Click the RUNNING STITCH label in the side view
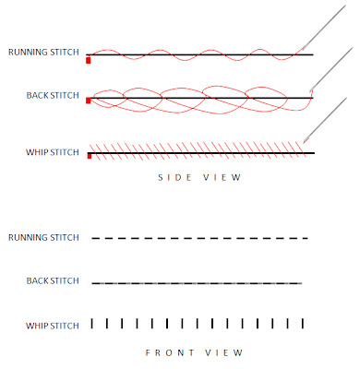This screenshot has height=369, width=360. coord(42,54)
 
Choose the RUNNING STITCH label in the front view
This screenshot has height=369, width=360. coord(42,238)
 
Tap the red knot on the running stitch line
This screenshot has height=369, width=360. coord(88,59)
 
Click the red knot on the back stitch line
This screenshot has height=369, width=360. coord(88,101)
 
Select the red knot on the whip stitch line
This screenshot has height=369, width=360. coord(88,156)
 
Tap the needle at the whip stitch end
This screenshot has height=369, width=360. coord(323,120)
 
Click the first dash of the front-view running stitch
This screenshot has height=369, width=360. coord(96,238)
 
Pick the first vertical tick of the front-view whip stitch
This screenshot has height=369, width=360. coord(92,323)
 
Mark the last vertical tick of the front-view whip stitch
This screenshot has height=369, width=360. coord(302,323)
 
